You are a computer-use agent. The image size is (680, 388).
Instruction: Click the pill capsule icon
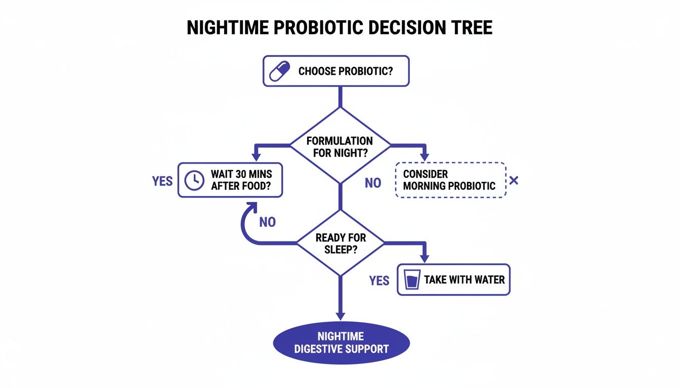279,71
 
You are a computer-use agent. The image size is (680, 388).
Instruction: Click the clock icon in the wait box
193,180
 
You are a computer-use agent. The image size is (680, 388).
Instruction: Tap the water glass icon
413,279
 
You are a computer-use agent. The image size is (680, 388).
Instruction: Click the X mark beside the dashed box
514,180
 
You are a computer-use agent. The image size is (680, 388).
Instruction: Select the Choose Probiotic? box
336,71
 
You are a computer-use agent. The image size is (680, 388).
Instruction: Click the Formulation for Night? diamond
340,146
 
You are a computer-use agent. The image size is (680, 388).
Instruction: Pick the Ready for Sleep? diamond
340,243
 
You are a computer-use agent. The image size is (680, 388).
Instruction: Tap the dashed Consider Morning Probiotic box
450,180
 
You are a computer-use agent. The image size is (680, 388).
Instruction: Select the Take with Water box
454,279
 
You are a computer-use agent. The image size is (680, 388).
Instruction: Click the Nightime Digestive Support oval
341,343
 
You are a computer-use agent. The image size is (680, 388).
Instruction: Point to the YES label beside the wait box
162,181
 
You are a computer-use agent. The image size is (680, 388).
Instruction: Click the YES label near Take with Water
379,280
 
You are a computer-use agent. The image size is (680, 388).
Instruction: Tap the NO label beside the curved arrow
267,222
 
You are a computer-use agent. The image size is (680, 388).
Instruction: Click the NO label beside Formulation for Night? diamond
373,183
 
